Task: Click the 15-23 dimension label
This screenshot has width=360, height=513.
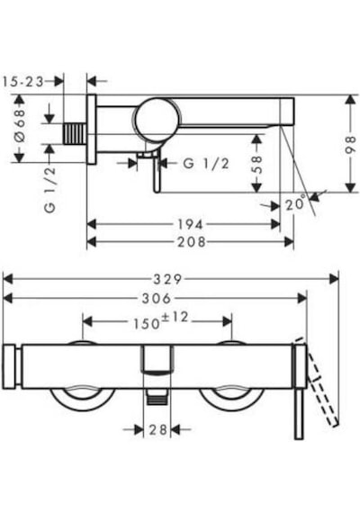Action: tap(22, 82)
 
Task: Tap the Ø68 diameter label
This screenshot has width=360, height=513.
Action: tap(21, 125)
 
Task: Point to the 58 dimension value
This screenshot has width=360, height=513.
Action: tap(257, 164)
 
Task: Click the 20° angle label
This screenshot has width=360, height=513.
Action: tap(296, 203)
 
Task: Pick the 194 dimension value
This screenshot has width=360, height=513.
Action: tap(190, 224)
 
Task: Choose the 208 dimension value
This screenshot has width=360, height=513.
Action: tap(192, 242)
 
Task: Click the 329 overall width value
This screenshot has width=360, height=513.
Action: tap(167, 279)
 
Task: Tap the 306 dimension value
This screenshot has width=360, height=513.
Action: tap(157, 298)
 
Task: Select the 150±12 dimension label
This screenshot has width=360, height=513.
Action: tap(161, 321)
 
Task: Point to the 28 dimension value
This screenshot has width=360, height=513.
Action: tap(158, 429)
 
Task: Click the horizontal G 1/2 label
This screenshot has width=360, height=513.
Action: tap(206, 163)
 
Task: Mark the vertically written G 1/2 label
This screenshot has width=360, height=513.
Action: tap(50, 189)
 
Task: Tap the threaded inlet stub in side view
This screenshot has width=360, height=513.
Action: tap(76, 134)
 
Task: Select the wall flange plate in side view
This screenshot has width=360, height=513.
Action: tap(92, 130)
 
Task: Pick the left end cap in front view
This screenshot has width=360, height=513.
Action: tap(9, 366)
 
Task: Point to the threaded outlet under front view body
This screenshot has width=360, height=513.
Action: tap(157, 396)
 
